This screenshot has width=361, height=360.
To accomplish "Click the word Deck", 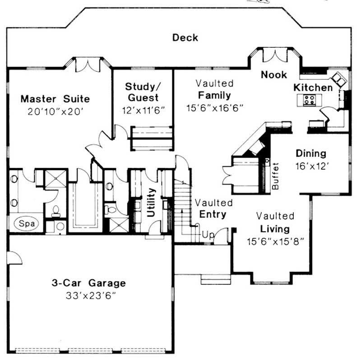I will tap(185, 37).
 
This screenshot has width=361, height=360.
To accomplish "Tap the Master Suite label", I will tap(55, 99).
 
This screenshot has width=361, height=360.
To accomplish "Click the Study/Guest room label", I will tap(142, 92).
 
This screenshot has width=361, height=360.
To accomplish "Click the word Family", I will tap(214, 96).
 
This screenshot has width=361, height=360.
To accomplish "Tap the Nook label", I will tap(273, 75).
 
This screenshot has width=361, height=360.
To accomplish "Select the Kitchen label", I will tap(314, 87).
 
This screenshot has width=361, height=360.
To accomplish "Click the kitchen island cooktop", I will tap(310, 100).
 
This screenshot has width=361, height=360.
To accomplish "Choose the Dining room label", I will tap(311, 153).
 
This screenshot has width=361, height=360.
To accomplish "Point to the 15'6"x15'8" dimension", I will tap(275, 241).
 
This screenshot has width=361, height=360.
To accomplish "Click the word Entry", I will tap(213, 214).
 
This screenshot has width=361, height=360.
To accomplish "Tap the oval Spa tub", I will tap(27, 223).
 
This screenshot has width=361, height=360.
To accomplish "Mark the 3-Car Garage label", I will tap(88, 283).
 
